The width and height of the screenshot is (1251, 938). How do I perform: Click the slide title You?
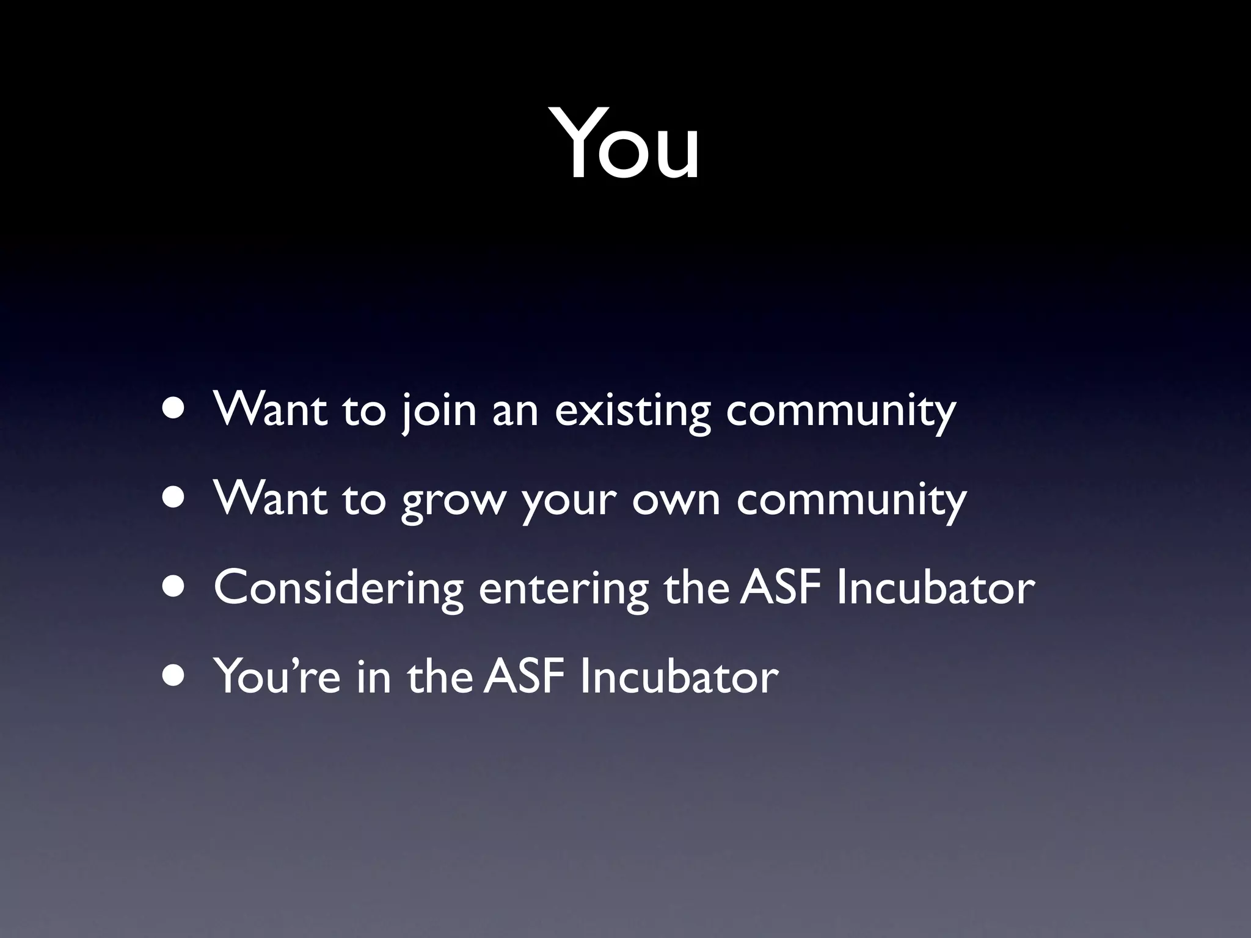[x=625, y=144]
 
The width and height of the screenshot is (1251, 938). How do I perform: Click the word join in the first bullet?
[x=439, y=410]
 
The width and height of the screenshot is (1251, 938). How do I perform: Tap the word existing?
[x=632, y=410]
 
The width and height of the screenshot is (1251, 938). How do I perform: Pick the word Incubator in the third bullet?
[x=935, y=587]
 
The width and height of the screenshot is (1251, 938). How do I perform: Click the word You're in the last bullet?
[x=277, y=677]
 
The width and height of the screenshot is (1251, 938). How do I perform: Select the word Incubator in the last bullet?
[x=679, y=677]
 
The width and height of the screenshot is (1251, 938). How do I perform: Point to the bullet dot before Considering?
[x=175, y=587]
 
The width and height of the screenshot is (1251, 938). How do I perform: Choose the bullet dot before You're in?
[x=175, y=676]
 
